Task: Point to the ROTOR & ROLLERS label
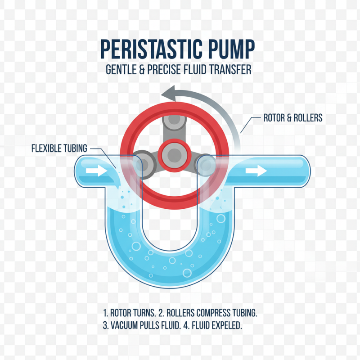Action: click(x=292, y=118)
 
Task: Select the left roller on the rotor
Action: click(x=144, y=161)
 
